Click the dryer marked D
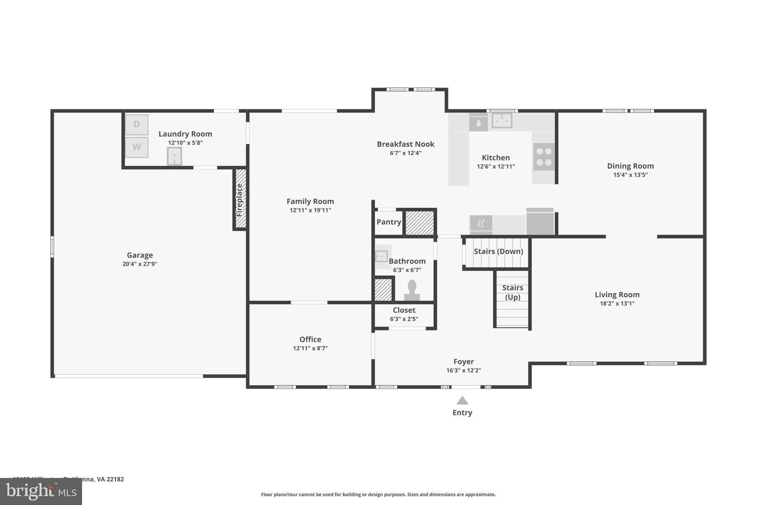pos(136,125)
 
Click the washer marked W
pos(136,147)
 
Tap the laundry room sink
pos(174,156)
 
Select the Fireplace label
pos(240,200)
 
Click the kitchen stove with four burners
pos(544,157)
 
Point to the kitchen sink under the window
pos(502,120)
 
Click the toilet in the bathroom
pos(412,290)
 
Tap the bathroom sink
pos(381,256)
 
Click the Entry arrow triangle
pos(462,400)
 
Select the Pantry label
pos(388,222)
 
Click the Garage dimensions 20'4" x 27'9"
pos(140,264)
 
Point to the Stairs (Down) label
pos(498,252)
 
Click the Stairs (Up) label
pos(512,292)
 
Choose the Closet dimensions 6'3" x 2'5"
pos(404,319)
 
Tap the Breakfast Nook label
pos(405,144)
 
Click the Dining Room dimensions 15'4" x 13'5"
pos(630,175)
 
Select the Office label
pos(310,339)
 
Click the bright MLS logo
pos(41,492)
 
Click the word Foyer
pos(464,361)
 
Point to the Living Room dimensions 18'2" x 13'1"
pos(617,304)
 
